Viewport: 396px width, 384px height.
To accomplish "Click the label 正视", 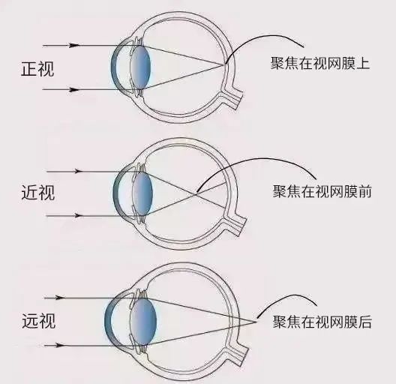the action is pos(37,69).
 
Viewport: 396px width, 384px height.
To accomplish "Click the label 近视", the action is pos(38,193).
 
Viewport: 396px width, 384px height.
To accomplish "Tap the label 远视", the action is pos(39,321).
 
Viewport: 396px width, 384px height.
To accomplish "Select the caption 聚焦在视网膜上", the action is pos(320,63).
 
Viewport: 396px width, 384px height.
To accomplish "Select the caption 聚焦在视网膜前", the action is pos(322,191).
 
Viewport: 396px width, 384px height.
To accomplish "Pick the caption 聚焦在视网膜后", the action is pos(322,322).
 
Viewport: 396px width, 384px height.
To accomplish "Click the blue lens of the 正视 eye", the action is pos(141,67).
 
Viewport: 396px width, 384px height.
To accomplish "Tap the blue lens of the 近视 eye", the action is pos(142,193).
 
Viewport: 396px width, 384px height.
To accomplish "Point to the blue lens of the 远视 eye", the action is pos(143,321).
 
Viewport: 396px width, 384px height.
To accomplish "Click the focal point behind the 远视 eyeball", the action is pos(256,322).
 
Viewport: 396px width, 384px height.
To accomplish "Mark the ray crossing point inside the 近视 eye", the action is pos(196,193).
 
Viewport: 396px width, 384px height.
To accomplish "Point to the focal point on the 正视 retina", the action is pos(224,64).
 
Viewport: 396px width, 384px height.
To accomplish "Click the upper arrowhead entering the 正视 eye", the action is pos(74,46).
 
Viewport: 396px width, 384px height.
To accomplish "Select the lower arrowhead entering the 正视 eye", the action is pos(74,90).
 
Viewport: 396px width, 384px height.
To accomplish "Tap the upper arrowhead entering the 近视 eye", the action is pos(78,171).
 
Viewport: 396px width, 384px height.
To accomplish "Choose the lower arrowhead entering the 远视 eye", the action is pos(60,345).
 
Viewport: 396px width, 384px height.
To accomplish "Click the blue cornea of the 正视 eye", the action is pos(115,68).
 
